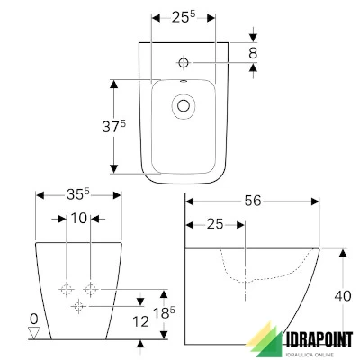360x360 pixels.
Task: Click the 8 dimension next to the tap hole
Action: (253, 55)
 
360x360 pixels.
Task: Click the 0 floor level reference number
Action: (33, 319)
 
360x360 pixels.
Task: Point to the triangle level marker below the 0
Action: (34, 332)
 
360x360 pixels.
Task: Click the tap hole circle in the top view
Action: (183, 62)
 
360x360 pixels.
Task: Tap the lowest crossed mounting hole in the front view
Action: (78, 307)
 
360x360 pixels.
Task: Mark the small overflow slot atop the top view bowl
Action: (183, 85)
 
